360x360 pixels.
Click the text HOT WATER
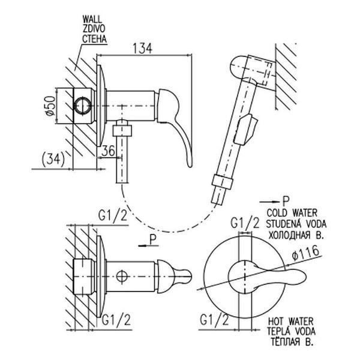[290, 321]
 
